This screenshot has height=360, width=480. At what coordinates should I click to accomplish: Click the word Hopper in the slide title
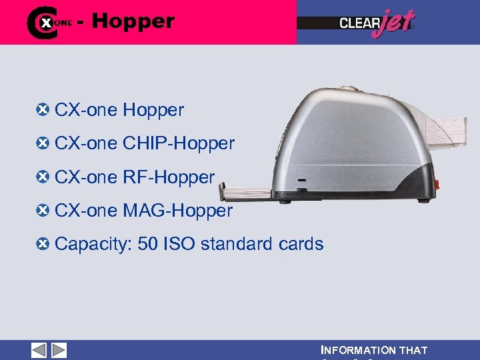click(133, 21)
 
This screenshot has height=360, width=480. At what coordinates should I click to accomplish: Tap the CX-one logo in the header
click(49, 22)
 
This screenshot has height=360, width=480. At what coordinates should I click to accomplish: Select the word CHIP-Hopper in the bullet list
click(179, 143)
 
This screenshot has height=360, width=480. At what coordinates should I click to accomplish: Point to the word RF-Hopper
click(169, 177)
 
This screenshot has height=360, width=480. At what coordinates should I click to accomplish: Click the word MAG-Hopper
click(177, 211)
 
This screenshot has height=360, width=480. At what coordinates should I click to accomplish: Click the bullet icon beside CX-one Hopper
click(44, 109)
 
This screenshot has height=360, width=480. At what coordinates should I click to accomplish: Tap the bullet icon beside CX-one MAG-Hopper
click(44, 211)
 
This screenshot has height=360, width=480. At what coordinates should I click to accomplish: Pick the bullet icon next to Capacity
click(44, 244)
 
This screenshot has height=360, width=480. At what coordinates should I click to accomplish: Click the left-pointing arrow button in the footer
click(39, 350)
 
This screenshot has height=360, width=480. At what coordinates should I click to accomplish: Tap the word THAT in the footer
click(413, 351)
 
